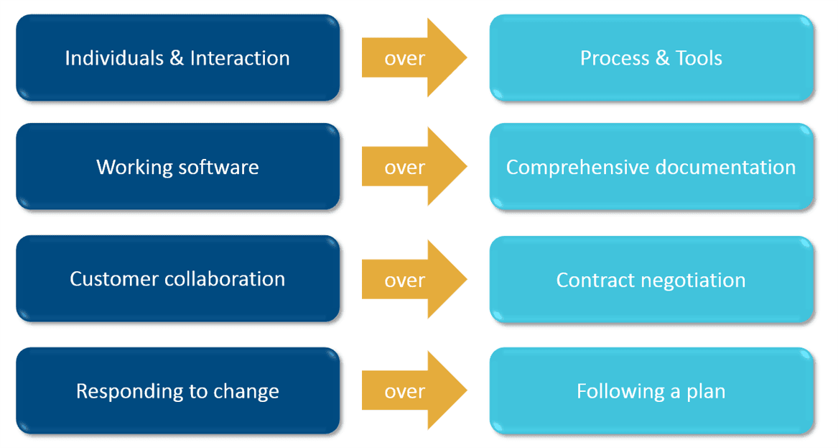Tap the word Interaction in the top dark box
[240, 58]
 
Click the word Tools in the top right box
[699, 58]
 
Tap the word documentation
[726, 167]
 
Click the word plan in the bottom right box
[704, 392]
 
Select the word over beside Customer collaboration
[404, 280]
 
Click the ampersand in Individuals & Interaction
[177, 58]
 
